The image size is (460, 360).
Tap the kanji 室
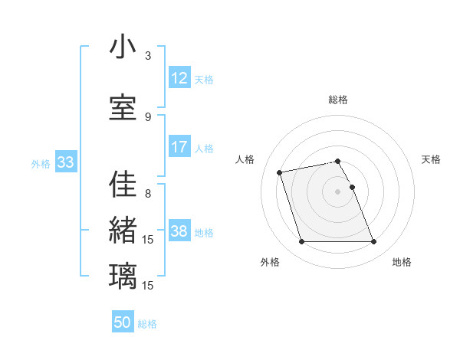point(123,108)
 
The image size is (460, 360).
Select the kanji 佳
point(123,185)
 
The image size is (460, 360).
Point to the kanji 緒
point(123,231)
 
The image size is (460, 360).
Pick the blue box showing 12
point(179,78)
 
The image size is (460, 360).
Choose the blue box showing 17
point(179,147)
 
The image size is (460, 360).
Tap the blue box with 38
point(179,231)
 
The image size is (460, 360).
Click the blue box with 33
point(65,162)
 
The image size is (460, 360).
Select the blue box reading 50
point(123,323)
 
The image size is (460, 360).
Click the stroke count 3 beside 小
point(148,56)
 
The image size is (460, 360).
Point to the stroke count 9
point(148,117)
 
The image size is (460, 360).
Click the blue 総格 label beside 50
point(147,324)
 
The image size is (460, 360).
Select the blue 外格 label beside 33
point(41,163)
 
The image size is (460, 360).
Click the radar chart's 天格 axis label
point(432,159)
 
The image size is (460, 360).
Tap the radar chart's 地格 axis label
point(402,263)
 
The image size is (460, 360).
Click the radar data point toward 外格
point(301,242)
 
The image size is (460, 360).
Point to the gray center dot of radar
point(337,191)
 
